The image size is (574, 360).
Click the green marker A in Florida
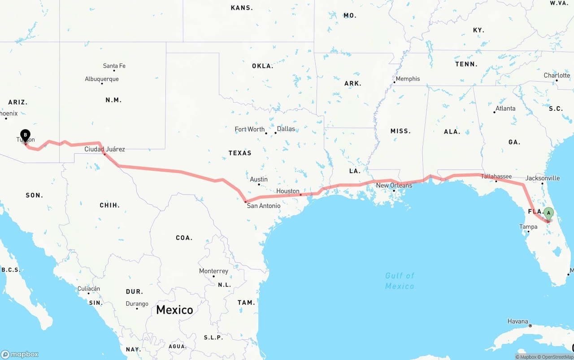coord(548,213)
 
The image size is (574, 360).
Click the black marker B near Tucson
coord(26,135)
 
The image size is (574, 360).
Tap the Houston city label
coord(287,191)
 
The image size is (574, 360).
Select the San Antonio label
coord(264,206)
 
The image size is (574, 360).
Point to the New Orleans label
coord(394,185)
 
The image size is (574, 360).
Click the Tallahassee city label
coord(496,176)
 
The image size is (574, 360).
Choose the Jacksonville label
coord(542,178)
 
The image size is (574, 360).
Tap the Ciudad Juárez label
coord(104,149)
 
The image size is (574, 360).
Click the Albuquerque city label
coord(102,79)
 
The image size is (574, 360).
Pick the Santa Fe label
coord(114,66)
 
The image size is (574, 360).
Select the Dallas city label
coord(286,129)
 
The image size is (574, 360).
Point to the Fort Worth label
coord(250,129)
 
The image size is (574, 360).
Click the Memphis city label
coord(407,78)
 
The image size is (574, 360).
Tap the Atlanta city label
coord(505,108)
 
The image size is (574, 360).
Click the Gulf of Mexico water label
coord(400,281)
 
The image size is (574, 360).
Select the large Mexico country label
coord(174,309)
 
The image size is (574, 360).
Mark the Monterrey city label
coord(213,271)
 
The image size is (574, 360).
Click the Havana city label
coord(517,321)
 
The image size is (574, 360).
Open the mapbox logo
coord(20,354)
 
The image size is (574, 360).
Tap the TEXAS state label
coord(240,153)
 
